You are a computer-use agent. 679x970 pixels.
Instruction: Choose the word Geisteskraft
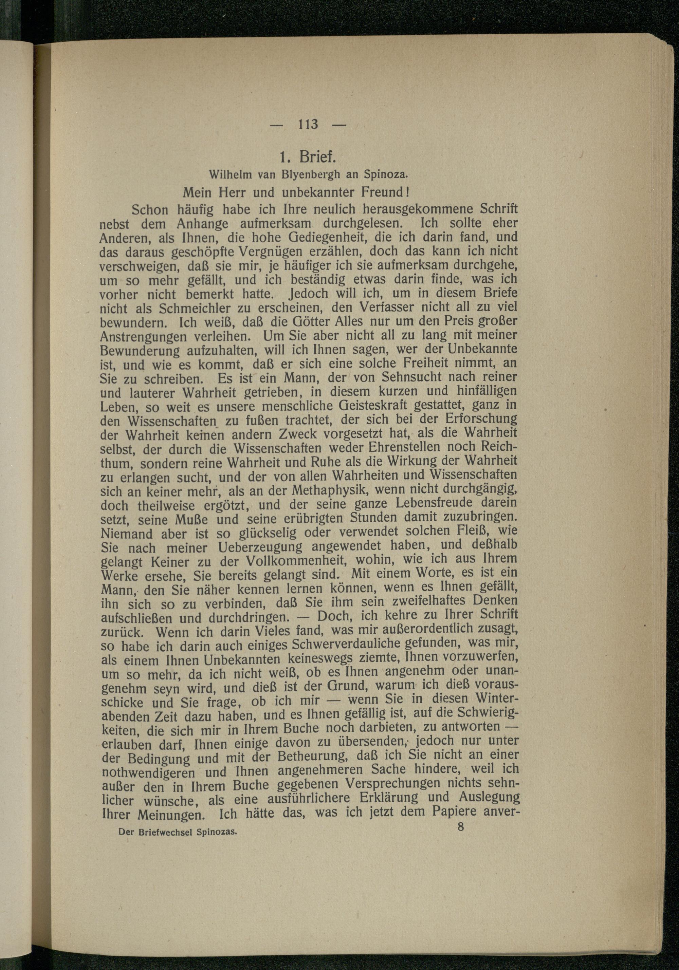(x=373, y=406)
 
